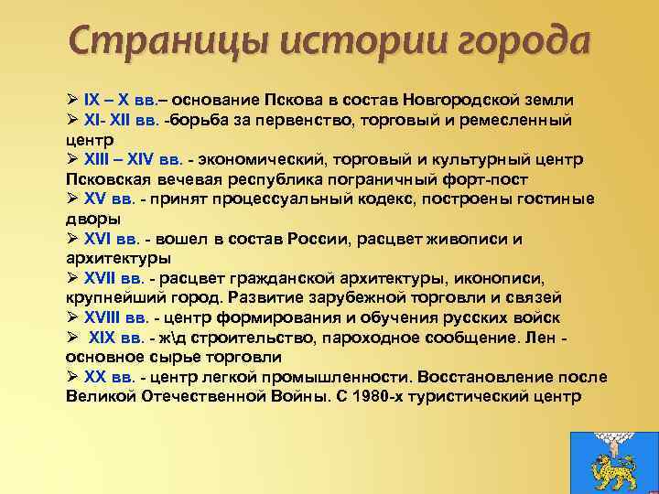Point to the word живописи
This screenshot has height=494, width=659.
(467, 239)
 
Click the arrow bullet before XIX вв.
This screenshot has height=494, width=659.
(72, 338)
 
